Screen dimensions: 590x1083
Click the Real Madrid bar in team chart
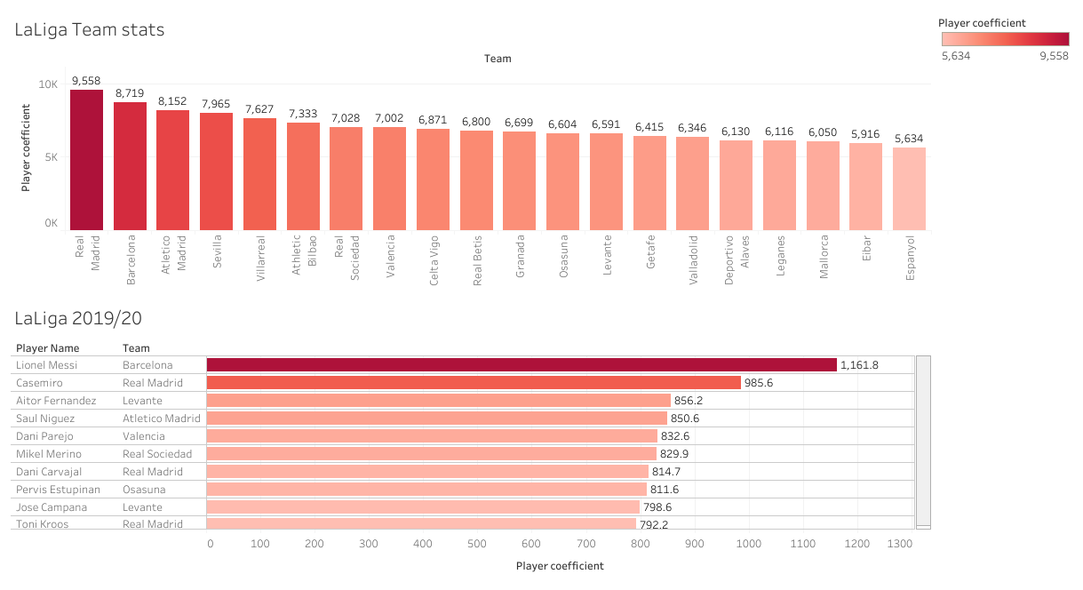[x=86, y=160]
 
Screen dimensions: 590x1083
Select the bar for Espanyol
[x=909, y=188]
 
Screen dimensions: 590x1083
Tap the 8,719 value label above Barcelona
[x=130, y=92]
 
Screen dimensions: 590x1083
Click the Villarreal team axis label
[x=260, y=258]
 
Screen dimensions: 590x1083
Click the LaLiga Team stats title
[x=89, y=29]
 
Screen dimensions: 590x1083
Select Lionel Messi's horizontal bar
[x=522, y=365]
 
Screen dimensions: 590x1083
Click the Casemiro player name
[x=39, y=383]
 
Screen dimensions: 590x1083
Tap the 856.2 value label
[x=692, y=401]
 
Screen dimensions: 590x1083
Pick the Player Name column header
[x=47, y=348]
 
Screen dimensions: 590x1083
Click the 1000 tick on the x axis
[x=749, y=544]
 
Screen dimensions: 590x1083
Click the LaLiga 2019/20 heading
[x=78, y=318]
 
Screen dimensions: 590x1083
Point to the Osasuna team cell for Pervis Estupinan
[x=144, y=490]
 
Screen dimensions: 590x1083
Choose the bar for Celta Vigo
[x=433, y=179]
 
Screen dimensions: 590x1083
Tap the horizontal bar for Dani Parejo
[x=432, y=436]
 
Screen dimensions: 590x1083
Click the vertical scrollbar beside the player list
[x=923, y=441]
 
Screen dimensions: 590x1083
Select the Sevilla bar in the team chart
[x=216, y=171]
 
